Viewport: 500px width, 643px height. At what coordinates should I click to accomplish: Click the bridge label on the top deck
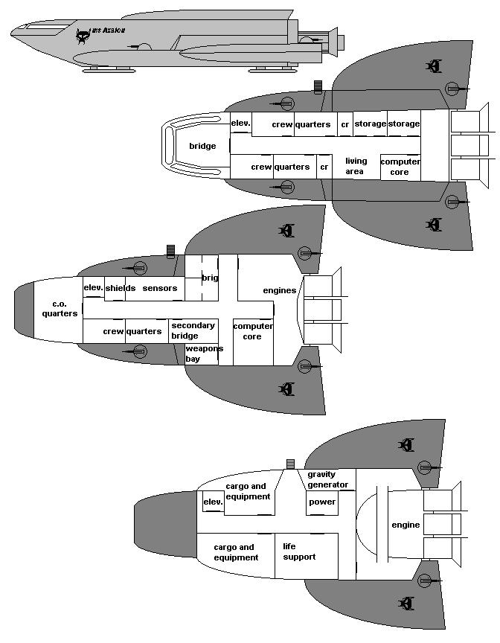click(202, 146)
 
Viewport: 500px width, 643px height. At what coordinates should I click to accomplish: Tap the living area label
click(355, 166)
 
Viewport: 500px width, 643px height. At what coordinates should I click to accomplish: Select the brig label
click(210, 278)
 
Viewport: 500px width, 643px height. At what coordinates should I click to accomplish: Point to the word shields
click(120, 288)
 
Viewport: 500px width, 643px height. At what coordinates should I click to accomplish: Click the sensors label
click(160, 288)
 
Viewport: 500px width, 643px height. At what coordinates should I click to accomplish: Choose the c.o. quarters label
click(60, 309)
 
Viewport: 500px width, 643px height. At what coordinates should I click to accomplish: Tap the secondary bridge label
click(193, 330)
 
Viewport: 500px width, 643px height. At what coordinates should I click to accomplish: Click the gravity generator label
click(327, 479)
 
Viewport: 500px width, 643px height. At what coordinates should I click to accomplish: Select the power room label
click(321, 502)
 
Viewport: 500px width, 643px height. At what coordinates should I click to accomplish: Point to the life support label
click(299, 551)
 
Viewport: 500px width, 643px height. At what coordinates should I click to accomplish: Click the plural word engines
click(280, 289)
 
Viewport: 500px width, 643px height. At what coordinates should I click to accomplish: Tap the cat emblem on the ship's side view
click(83, 34)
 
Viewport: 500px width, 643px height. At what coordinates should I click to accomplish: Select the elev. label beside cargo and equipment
click(213, 502)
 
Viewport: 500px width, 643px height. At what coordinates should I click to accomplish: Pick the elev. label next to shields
click(93, 288)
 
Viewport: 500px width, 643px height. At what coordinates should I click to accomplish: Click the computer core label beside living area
click(400, 167)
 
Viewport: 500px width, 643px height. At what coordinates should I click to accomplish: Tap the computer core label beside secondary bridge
click(252, 331)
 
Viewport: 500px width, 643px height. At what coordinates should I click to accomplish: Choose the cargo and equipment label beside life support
click(236, 552)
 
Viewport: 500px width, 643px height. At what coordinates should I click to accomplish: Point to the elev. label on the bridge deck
click(240, 124)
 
